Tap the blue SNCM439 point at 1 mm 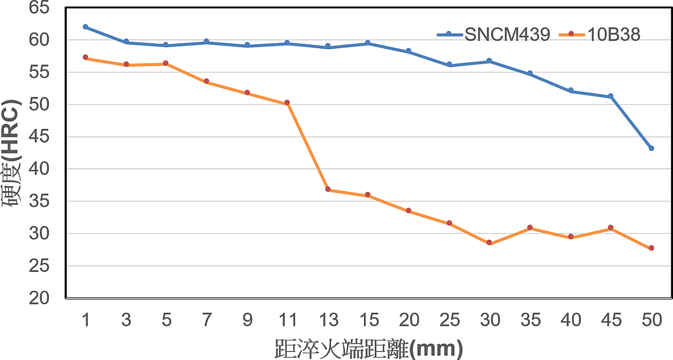pyautogui.click(x=85, y=27)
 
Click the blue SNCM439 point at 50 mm pyautogui.click(x=651, y=148)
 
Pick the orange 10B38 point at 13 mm pyautogui.click(x=328, y=190)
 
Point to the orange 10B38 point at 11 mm pyautogui.click(x=287, y=103)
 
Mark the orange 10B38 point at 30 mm pyautogui.click(x=489, y=243)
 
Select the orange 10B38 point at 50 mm pyautogui.click(x=651, y=248)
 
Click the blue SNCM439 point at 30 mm pyautogui.click(x=489, y=61)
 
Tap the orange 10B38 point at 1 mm pyautogui.click(x=85, y=57)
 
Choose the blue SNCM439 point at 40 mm pyautogui.click(x=570, y=90)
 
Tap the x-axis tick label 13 pyautogui.click(x=328, y=320)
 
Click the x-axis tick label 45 pyautogui.click(x=611, y=320)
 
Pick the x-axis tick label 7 pyautogui.click(x=206, y=320)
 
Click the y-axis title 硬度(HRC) pyautogui.click(x=12, y=153)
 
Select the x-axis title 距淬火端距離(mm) pyautogui.click(x=369, y=348)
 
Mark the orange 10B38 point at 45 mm pyautogui.click(x=611, y=228)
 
